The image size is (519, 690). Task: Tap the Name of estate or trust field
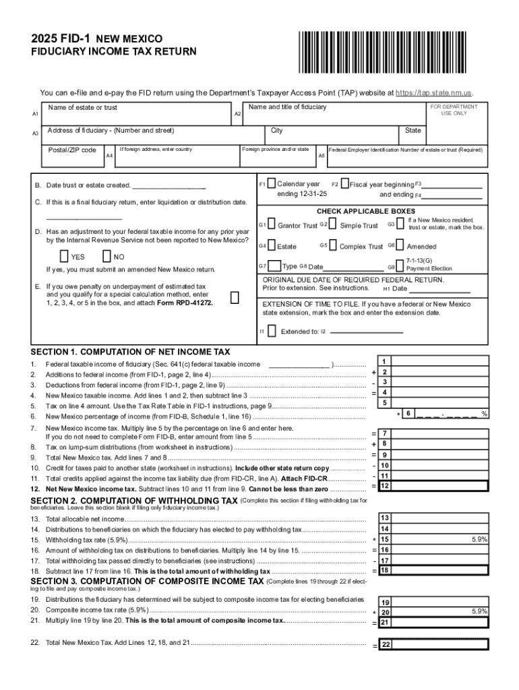click(x=135, y=115)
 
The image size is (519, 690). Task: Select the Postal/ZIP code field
click(x=70, y=155)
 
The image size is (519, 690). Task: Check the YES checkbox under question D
click(x=64, y=256)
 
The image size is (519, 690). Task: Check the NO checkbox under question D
click(x=106, y=256)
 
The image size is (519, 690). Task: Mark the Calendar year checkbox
click(x=271, y=183)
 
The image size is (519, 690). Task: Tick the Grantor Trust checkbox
click(x=271, y=224)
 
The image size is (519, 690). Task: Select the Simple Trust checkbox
click(x=333, y=224)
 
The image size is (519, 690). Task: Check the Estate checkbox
click(x=271, y=246)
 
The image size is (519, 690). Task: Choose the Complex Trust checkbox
click(x=333, y=246)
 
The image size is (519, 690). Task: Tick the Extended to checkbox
click(x=271, y=331)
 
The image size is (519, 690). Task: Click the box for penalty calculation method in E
click(x=234, y=298)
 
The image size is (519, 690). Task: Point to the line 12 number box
click(x=384, y=486)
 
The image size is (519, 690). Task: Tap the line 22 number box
click(x=386, y=645)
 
